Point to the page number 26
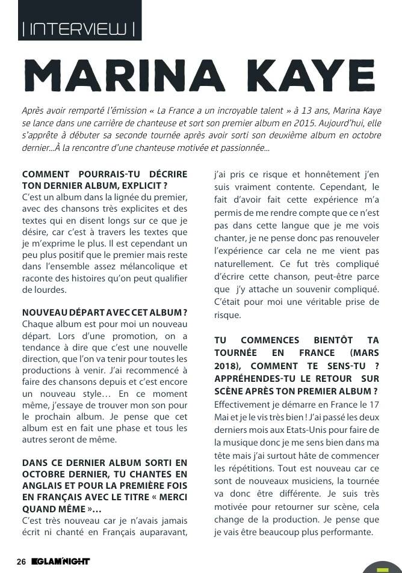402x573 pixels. tap(21, 562)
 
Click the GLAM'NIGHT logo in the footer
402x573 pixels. tap(61, 562)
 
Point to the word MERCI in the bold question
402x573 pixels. tap(171, 497)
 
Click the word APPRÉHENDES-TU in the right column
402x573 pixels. tap(256, 378)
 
